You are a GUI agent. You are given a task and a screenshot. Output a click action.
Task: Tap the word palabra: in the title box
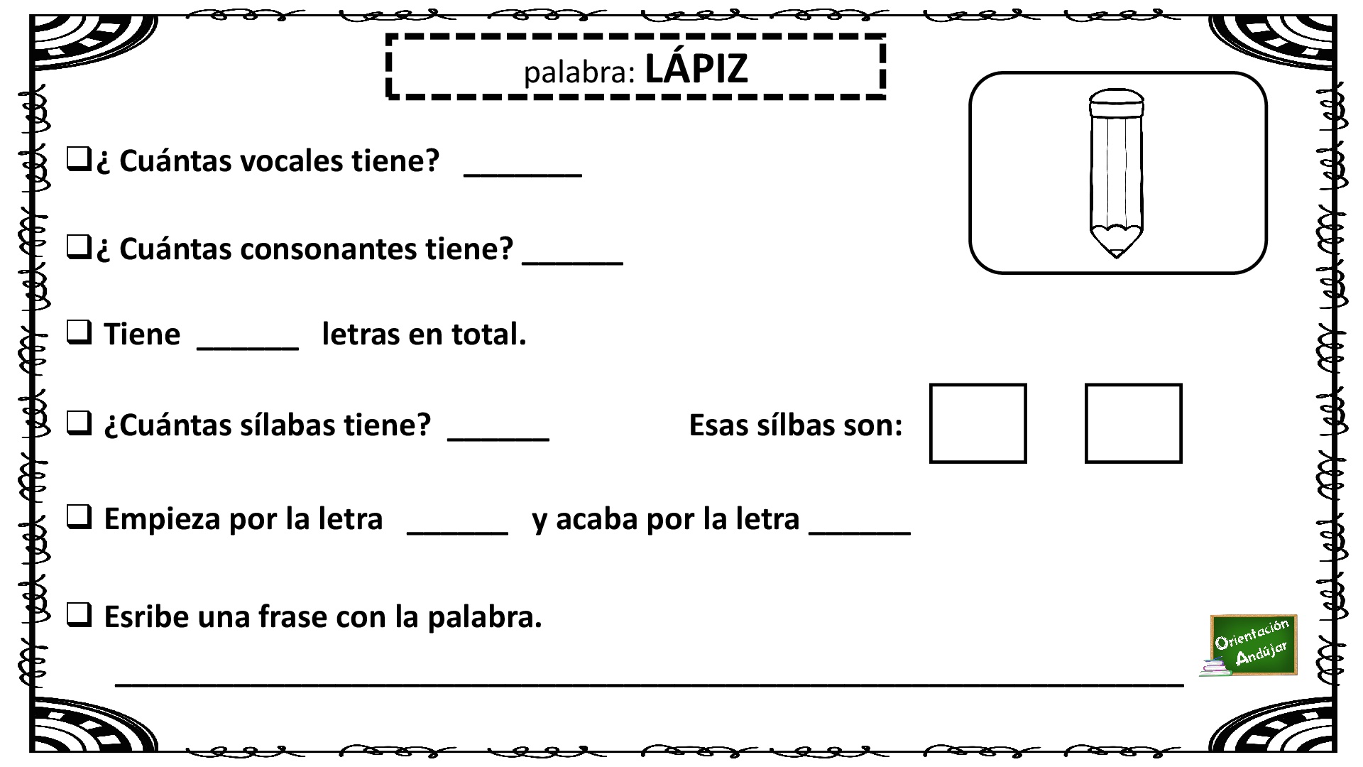click(x=579, y=72)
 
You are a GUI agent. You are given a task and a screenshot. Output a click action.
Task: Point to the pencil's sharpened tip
click(x=1116, y=253)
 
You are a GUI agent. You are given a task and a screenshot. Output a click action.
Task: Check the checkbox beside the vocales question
click(x=78, y=158)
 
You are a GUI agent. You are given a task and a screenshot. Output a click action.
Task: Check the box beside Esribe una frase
click(x=79, y=614)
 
